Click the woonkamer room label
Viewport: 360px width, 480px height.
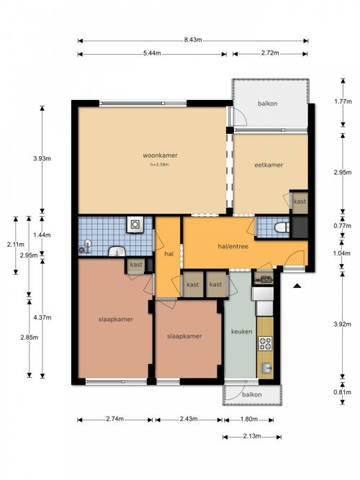160,155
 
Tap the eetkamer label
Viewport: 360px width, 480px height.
269,165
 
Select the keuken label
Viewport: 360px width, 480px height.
242,331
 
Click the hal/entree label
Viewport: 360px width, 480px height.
233,246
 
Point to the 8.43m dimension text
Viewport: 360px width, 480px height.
193,40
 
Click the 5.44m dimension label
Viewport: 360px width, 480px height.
152,53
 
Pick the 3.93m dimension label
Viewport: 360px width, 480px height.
42,158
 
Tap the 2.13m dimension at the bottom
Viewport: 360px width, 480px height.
252,436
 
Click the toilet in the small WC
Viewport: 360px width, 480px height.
282,227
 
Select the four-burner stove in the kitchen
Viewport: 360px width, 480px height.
265,343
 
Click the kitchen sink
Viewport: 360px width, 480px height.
266,368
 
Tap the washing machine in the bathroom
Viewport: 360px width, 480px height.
135,225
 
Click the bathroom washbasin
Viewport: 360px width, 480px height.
117,251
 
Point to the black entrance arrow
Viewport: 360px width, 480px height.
297,286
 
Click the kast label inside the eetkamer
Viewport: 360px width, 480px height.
300,201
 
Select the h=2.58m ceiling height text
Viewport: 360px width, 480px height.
160,164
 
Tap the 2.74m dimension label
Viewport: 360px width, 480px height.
115,419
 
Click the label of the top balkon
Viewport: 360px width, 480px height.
267,104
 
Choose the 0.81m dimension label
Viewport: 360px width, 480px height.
343,392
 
